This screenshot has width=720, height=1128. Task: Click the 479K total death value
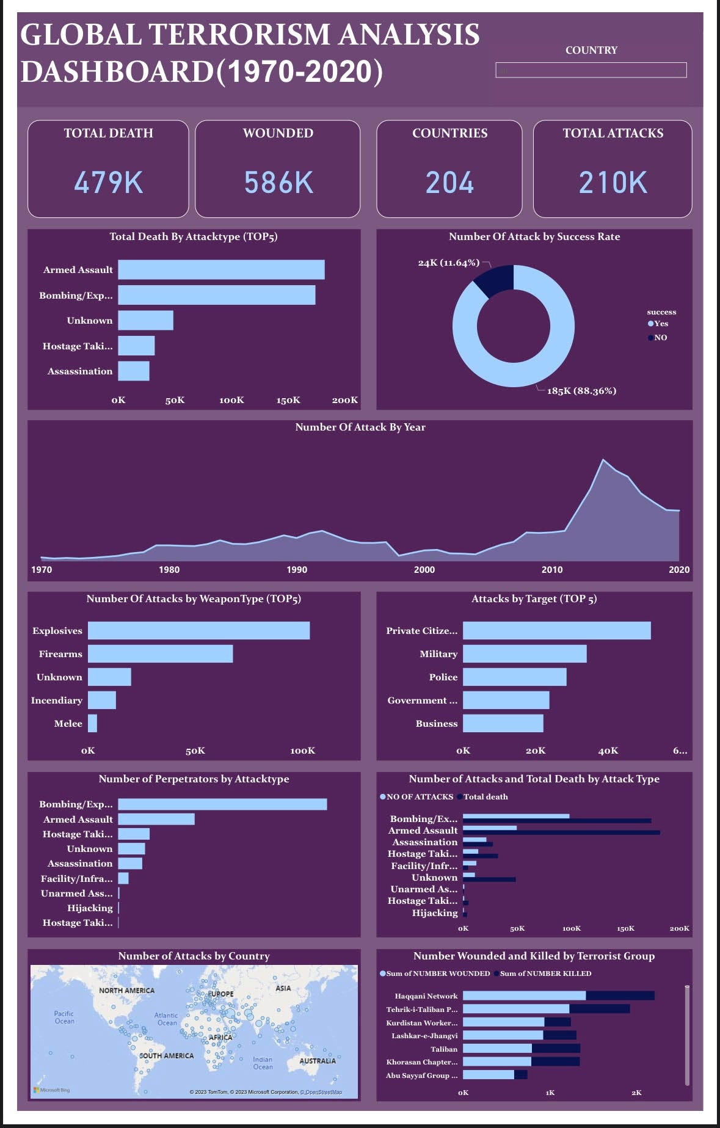108,183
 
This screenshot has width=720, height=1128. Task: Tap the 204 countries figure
449,183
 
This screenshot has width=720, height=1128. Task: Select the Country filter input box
591,70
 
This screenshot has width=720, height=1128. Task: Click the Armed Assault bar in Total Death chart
221,270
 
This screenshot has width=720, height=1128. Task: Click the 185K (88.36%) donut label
581,391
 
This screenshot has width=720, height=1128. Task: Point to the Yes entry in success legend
658,324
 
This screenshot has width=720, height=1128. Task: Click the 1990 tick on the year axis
297,570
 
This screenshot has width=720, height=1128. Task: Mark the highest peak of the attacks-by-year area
603,460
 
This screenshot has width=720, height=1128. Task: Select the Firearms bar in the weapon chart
160,654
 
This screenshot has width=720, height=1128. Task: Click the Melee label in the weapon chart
68,724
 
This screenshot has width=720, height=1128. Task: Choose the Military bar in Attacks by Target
525,654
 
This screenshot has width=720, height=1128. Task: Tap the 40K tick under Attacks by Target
608,751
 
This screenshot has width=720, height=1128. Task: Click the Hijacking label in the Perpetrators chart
90,908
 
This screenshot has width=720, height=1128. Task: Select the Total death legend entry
485,797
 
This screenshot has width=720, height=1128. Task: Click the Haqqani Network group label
426,996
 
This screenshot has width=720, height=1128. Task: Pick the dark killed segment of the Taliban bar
556,1049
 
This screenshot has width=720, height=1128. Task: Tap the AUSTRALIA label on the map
317,1061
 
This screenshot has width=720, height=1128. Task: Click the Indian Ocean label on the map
263,1063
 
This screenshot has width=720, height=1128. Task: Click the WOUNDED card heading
278,133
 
